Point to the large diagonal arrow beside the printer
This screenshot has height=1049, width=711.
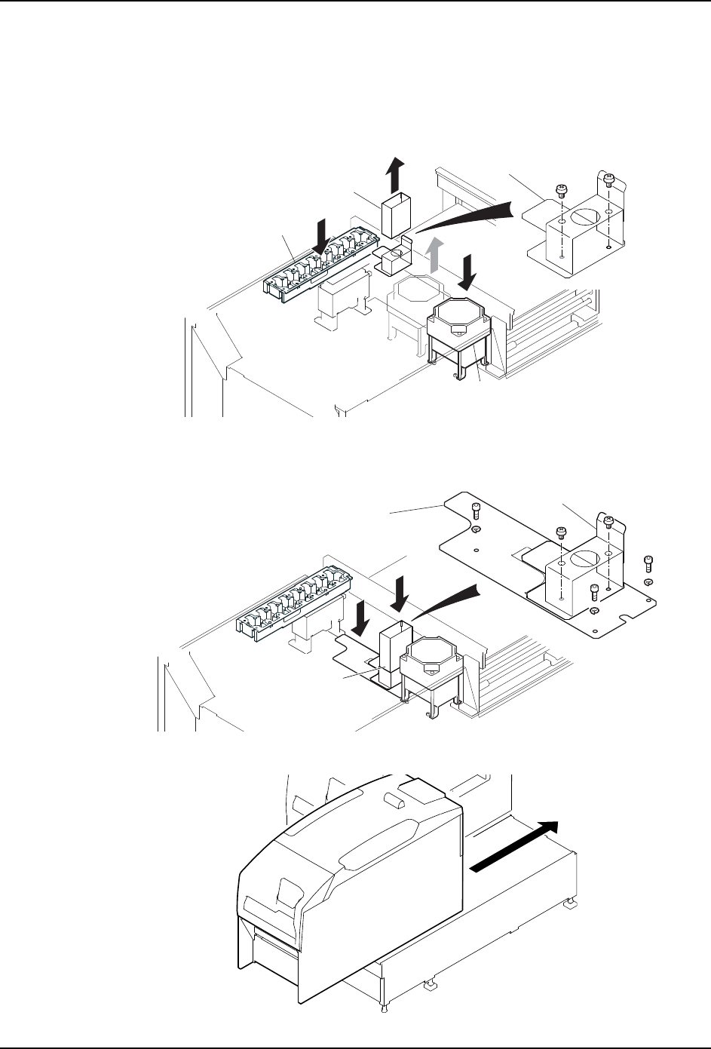[516, 845]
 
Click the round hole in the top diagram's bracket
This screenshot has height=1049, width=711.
[584, 216]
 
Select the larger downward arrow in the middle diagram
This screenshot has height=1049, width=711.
[400, 592]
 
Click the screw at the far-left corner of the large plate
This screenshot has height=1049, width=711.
[477, 511]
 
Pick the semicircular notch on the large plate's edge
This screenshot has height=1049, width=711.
[623, 621]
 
